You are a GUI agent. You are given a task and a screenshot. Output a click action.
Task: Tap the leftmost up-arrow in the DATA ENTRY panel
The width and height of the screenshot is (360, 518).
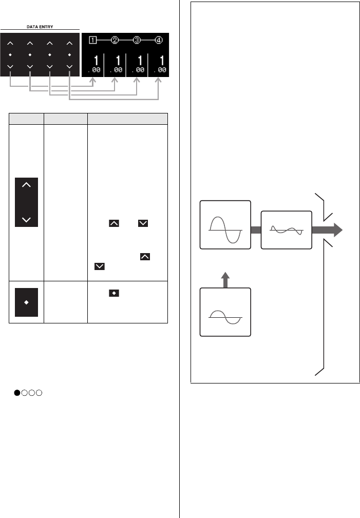(x=10, y=43)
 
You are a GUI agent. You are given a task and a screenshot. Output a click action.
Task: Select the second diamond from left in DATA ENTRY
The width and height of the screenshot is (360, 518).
(x=30, y=54)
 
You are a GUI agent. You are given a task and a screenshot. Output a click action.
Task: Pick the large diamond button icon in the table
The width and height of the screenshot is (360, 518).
(x=27, y=302)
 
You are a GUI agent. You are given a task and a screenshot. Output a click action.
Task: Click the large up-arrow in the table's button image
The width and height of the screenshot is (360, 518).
(x=27, y=186)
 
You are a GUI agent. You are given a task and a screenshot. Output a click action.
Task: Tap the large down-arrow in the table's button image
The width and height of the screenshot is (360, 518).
(x=27, y=220)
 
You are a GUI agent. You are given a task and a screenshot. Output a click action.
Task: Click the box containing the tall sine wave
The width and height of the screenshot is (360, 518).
(x=225, y=225)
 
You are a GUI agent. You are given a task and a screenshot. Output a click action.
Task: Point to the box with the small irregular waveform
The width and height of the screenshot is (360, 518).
(x=286, y=231)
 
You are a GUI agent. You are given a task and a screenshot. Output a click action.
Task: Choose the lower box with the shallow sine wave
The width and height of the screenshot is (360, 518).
(x=225, y=312)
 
